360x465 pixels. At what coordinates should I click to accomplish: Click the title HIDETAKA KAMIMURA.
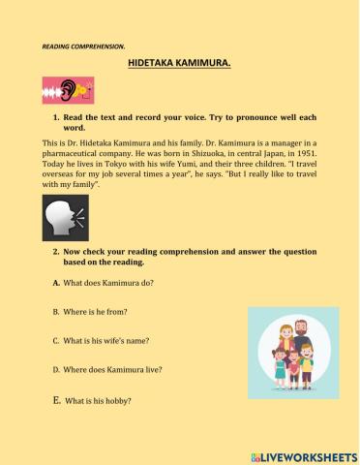pos(179,60)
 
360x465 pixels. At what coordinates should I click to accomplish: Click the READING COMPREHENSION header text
pos(82,45)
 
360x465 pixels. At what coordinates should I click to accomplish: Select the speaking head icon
pos(65,218)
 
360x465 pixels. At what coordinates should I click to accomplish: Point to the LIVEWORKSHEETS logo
pos(303,454)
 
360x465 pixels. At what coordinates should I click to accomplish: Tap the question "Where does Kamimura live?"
pos(112,369)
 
